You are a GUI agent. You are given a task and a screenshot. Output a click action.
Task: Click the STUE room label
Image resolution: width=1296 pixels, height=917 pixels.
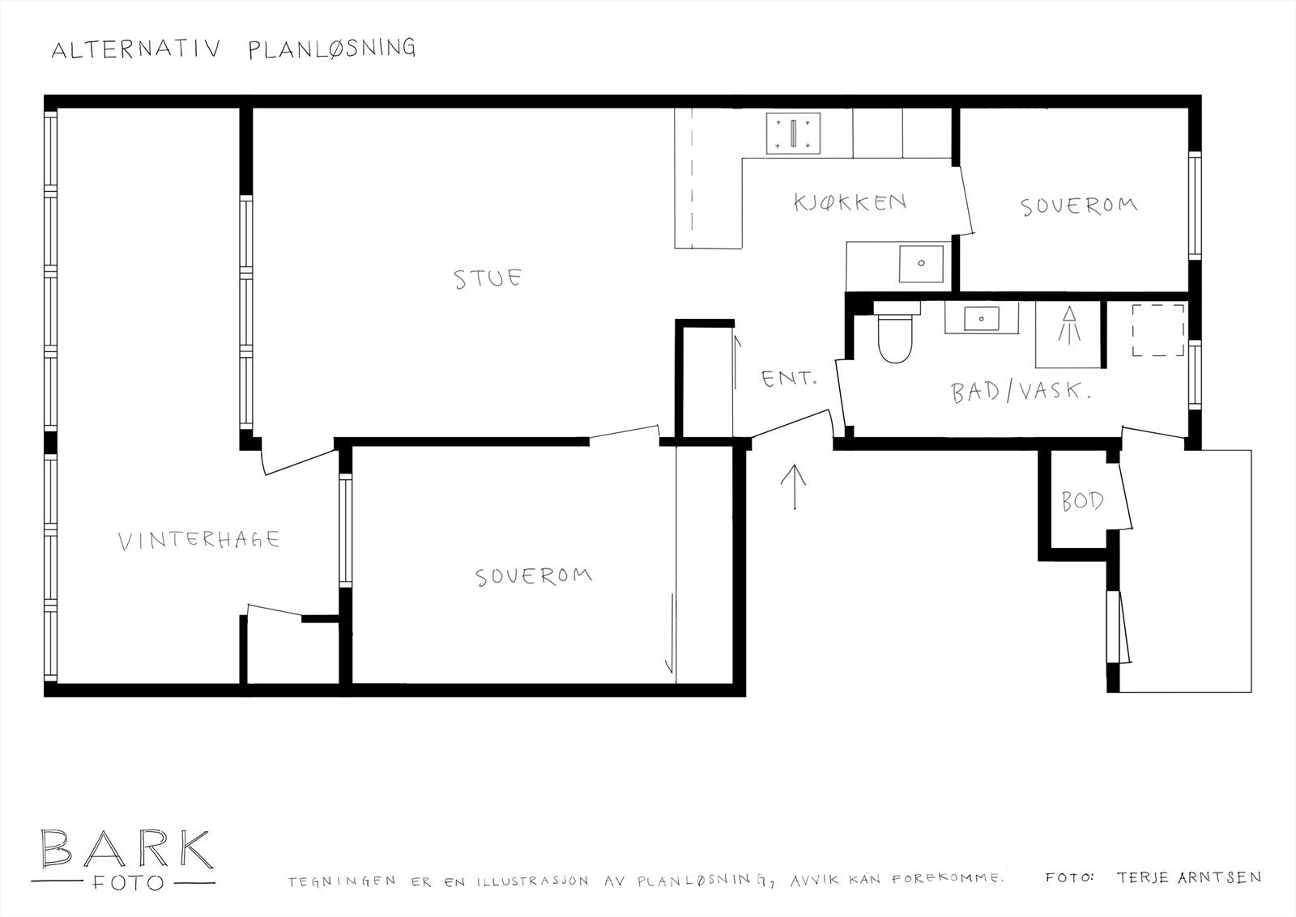(x=487, y=279)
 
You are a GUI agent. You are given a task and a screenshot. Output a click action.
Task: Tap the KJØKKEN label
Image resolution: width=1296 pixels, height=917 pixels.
(x=849, y=202)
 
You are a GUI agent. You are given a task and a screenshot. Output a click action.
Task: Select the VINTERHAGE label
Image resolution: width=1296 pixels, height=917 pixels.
(x=198, y=541)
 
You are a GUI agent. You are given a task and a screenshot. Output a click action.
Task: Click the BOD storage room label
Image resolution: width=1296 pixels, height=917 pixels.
(x=1082, y=502)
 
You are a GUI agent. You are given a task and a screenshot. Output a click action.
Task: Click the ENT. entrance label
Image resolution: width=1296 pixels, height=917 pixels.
(x=788, y=378)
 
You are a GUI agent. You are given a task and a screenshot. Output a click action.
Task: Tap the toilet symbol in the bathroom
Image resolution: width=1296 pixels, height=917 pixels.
(x=896, y=338)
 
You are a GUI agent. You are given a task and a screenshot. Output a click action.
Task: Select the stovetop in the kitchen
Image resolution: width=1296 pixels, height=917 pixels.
(x=794, y=134)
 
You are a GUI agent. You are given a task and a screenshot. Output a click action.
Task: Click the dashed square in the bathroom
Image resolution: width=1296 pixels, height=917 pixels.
(x=1157, y=329)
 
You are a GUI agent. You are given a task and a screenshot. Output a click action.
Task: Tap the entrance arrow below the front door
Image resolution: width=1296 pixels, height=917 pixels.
(x=795, y=486)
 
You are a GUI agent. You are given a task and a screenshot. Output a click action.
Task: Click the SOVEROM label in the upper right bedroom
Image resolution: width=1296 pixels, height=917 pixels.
(x=1078, y=206)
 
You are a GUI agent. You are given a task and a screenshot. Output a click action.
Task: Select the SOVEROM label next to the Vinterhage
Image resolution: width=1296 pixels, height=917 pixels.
(x=533, y=576)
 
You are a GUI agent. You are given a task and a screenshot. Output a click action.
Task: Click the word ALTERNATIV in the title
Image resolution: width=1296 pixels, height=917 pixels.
(x=135, y=50)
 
